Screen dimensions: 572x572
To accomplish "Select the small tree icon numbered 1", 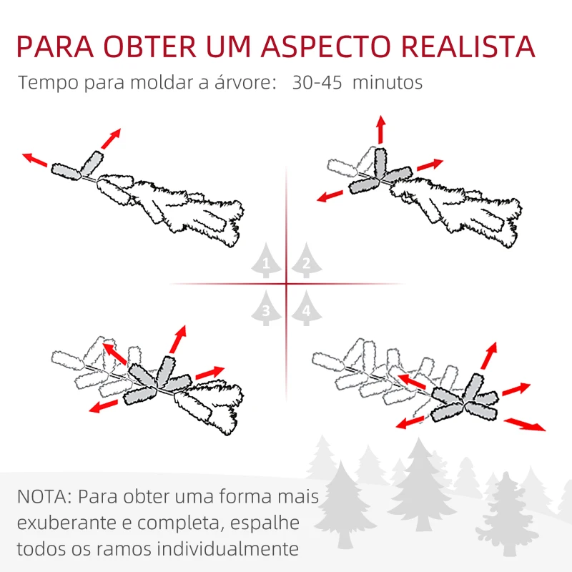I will tap(266, 263).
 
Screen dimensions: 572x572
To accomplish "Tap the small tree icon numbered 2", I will tap(305, 263).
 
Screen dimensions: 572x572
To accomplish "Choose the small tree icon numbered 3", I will tap(266, 309).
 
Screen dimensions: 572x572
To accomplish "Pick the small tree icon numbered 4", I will tap(306, 309).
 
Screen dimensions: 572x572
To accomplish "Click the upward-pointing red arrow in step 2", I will tap(380, 129).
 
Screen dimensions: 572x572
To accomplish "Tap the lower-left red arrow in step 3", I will tap(104, 405).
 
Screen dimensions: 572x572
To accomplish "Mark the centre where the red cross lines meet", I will tap(286, 285).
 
